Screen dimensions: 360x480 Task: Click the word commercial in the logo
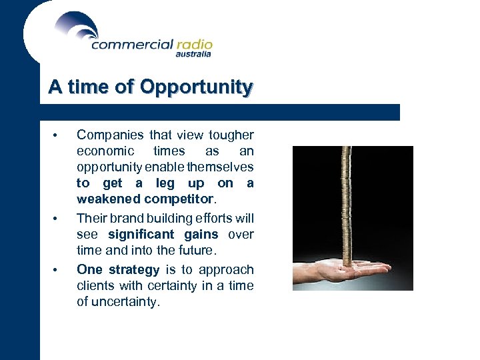(x=132, y=45)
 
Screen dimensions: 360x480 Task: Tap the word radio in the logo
(x=194, y=45)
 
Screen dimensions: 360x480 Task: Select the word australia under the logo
(x=193, y=55)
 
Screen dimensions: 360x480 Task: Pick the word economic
(x=105, y=151)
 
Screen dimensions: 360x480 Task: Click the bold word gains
(x=201, y=234)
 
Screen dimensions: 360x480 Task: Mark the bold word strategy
(x=134, y=269)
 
